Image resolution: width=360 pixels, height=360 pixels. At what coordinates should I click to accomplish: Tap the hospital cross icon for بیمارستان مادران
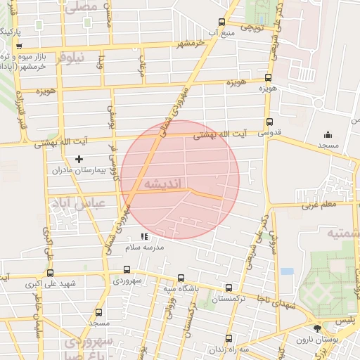78,160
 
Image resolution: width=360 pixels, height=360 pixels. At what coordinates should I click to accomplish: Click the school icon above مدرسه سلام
144,237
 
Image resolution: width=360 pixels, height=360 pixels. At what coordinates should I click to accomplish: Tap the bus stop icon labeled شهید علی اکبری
50,273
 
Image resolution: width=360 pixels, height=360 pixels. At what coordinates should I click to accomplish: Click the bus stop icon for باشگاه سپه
181,278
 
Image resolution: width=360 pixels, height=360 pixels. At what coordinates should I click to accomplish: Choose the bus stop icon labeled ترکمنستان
229,288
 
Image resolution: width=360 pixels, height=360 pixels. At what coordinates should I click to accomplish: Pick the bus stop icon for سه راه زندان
210,348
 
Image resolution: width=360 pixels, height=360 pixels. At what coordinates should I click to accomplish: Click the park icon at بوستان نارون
317,328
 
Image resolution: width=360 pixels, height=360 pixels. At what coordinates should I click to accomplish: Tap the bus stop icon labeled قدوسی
269,121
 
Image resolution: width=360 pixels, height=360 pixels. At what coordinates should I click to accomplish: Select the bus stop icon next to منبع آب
223,22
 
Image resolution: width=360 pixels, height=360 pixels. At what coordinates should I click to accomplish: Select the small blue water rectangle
287,271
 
